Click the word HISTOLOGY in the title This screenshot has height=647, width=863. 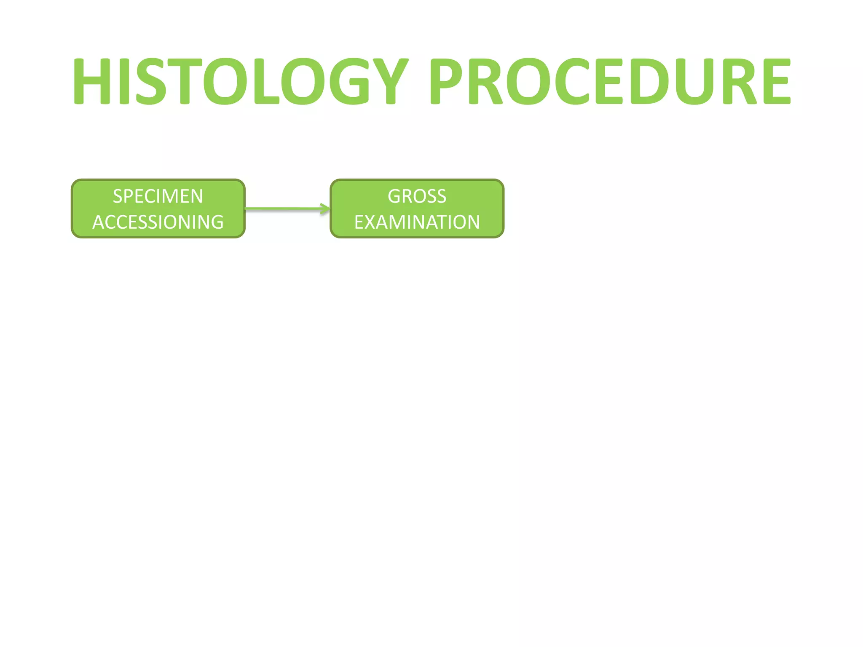240,81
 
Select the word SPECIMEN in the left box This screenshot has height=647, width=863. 158,196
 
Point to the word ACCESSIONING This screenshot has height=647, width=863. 158,222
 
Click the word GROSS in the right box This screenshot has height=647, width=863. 417,196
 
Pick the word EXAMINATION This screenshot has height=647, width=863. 417,222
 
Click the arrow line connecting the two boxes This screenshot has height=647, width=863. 282,209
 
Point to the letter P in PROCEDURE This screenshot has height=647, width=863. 449,81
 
